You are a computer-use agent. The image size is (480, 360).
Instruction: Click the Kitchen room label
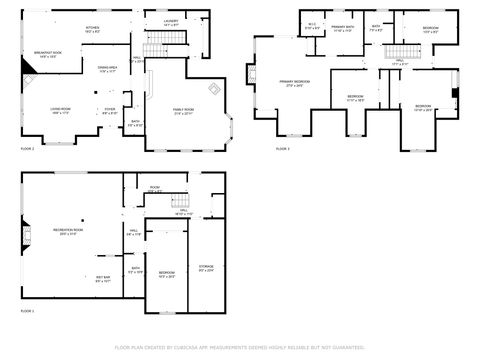coord(92,30)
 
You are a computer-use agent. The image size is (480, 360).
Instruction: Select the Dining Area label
coord(107,68)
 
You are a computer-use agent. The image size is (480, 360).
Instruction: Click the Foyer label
coord(109,110)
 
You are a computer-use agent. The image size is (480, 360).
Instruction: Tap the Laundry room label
coord(158,19)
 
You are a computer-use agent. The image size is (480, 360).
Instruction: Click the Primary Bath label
coord(344,28)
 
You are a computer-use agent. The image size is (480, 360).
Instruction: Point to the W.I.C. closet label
coord(312,26)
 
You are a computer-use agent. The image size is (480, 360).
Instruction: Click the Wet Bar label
coord(103,278)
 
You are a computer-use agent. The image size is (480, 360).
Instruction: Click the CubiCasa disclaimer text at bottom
coord(240,348)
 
